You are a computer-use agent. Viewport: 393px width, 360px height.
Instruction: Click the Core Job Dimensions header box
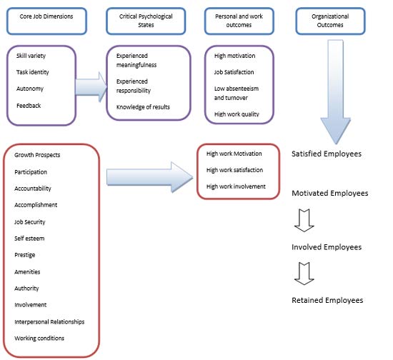click(x=46, y=21)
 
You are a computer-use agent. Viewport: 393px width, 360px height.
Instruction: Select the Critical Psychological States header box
click(x=146, y=21)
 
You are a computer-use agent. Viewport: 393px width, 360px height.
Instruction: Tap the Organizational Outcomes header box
click(x=330, y=21)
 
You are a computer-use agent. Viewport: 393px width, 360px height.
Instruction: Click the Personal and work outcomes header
click(x=239, y=21)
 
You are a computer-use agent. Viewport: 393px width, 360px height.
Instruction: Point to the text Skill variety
click(x=31, y=56)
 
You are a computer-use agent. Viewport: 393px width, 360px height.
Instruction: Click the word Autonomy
click(x=30, y=89)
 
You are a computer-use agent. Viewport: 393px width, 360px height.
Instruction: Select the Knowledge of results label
click(x=143, y=107)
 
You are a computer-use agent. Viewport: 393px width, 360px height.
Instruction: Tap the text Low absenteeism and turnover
click(x=237, y=93)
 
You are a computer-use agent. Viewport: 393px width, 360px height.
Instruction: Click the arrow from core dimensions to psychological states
click(x=91, y=87)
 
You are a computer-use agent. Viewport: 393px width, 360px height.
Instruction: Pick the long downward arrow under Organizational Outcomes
click(x=336, y=91)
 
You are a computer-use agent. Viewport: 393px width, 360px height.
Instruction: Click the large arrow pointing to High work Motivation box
click(x=149, y=177)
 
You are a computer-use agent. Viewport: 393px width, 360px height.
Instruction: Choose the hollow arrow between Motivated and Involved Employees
click(x=304, y=221)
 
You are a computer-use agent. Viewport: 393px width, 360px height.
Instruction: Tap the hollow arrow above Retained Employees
click(x=304, y=274)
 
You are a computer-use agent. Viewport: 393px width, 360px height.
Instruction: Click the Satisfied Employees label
click(x=327, y=154)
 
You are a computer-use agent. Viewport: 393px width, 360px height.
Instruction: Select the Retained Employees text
click(x=327, y=300)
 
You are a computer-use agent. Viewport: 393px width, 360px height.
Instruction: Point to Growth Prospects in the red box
click(x=37, y=155)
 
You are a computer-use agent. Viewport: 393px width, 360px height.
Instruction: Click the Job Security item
click(x=30, y=222)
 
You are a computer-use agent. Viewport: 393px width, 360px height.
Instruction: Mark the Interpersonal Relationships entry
click(x=49, y=322)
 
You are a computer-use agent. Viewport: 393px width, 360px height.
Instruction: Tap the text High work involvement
click(x=236, y=186)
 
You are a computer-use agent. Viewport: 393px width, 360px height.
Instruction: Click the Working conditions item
click(x=39, y=338)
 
